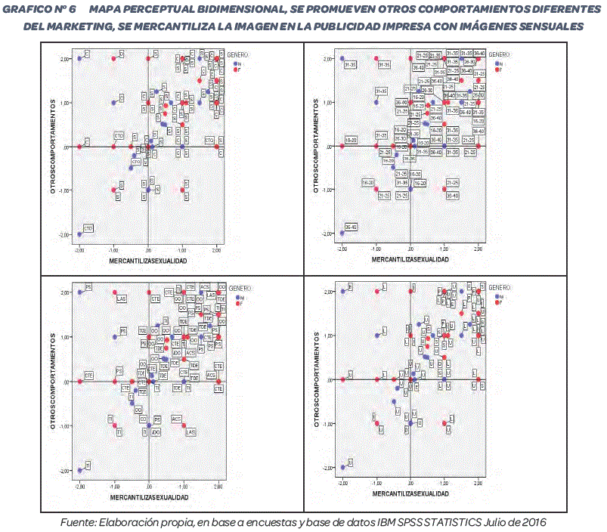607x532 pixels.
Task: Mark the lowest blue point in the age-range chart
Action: point(342,234)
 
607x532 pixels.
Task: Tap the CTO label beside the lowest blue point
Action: point(88,228)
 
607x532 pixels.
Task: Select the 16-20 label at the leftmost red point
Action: point(352,140)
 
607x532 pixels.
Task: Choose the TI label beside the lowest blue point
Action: point(88,465)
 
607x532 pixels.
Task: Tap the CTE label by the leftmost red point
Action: point(88,375)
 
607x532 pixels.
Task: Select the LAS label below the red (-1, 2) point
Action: point(120,300)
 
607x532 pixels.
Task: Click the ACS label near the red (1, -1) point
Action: point(177,419)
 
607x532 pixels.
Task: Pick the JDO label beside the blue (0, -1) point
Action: point(155,432)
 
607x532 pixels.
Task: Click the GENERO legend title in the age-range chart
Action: point(499,54)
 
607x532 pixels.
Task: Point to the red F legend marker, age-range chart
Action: point(491,70)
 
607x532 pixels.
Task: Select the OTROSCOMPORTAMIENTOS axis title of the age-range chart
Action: point(315,147)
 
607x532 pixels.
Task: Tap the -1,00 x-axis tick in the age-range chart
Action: point(376,249)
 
